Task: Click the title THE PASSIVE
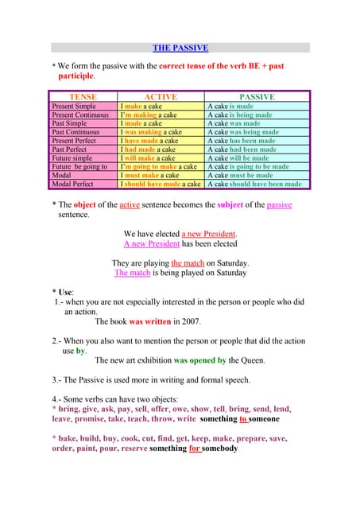180,49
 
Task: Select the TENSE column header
83,96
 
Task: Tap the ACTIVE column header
160,96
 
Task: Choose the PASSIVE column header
257,96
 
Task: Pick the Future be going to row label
79,166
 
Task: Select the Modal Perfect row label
72,184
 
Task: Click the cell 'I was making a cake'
150,132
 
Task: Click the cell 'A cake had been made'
242,149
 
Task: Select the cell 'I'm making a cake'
148,115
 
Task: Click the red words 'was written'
148,322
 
